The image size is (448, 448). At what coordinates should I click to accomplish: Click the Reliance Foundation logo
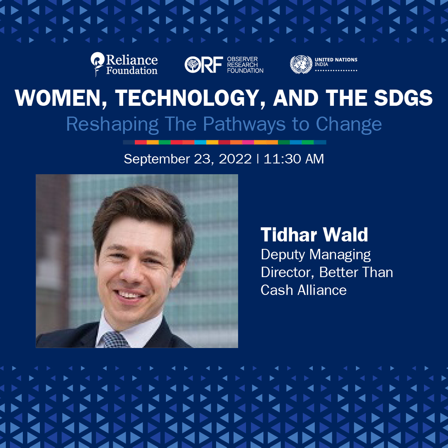(124, 64)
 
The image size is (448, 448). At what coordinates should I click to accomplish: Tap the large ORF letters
(203, 65)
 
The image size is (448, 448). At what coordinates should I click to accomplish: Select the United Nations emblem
(301, 65)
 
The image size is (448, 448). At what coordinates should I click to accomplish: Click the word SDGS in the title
(403, 98)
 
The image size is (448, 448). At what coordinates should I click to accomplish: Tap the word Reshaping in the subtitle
(112, 124)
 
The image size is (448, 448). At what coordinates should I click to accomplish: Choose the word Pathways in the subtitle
(244, 124)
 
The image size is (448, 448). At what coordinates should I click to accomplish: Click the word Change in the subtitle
(349, 124)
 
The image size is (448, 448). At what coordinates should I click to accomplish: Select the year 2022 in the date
(235, 159)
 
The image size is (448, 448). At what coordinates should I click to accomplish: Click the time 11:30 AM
(294, 159)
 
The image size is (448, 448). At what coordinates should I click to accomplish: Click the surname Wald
(346, 235)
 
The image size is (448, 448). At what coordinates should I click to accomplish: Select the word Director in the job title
(287, 272)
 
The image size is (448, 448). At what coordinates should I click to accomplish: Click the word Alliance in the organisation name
(322, 290)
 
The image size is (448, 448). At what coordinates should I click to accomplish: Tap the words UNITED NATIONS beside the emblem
(336, 60)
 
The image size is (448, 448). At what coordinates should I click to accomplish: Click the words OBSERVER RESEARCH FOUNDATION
(245, 65)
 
